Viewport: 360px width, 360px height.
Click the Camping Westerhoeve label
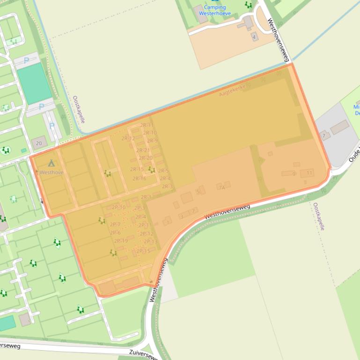(x=214, y=10)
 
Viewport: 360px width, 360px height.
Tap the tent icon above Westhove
(x=51, y=163)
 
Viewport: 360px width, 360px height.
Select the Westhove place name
(x=51, y=173)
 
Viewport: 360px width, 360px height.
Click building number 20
(x=39, y=143)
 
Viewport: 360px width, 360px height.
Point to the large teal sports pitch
(x=35, y=84)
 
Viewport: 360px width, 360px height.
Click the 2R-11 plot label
(x=147, y=125)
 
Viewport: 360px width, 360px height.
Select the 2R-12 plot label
(x=128, y=138)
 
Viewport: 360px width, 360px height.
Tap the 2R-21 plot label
(x=143, y=151)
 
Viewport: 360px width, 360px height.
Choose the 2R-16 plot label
(x=139, y=179)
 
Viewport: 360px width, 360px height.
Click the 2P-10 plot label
(x=118, y=208)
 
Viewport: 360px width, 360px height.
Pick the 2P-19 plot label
(x=121, y=241)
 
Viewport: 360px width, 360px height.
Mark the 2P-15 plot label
(x=143, y=251)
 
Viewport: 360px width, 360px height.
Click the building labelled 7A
(x=222, y=187)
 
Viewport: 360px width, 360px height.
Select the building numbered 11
(x=309, y=173)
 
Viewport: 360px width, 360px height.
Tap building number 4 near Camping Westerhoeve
(x=254, y=36)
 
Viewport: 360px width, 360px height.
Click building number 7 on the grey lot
(x=323, y=136)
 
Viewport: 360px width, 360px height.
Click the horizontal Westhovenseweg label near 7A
(x=227, y=212)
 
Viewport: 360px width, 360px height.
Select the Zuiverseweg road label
(x=143, y=354)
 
